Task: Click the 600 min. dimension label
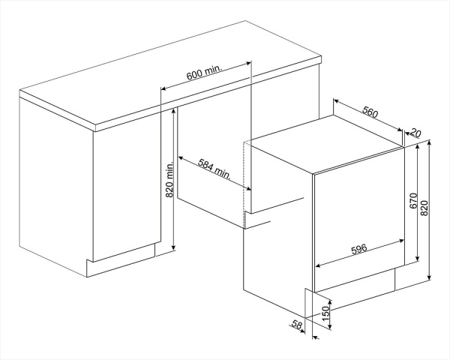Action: coord(205,73)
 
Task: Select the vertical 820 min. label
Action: coord(169,180)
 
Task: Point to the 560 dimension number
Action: coord(370,112)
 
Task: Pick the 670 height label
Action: coord(413,201)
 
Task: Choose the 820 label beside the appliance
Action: coord(424,208)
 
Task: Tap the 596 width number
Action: coord(359,248)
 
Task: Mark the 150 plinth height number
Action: coord(325,313)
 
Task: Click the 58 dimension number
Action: coord(297,324)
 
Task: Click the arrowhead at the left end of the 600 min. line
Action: coord(163,88)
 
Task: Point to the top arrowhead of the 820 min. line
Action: coord(173,112)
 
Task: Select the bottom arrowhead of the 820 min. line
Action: coord(173,247)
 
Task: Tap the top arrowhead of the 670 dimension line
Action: coord(418,146)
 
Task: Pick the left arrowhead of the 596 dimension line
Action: coord(318,265)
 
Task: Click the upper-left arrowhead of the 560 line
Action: coord(336,101)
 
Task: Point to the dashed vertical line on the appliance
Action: coord(243,184)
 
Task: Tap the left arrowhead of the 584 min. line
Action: coord(181,158)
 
